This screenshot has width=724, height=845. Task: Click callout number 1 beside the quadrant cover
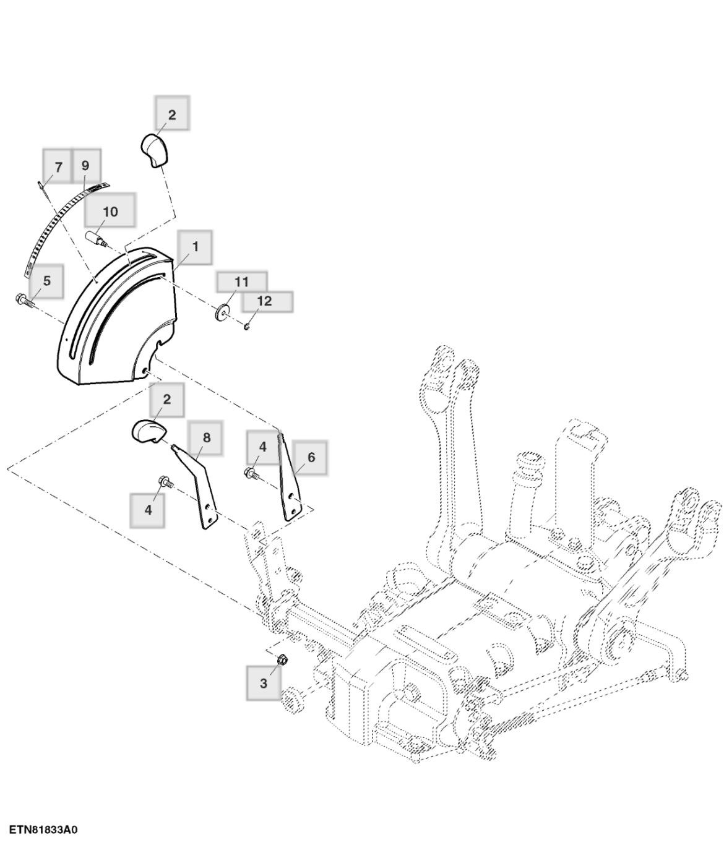(x=195, y=247)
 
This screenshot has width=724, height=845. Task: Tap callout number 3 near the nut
(x=264, y=684)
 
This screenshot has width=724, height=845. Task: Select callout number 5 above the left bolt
(x=47, y=280)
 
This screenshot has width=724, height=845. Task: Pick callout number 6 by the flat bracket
(x=311, y=457)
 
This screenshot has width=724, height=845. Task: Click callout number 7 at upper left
(x=58, y=166)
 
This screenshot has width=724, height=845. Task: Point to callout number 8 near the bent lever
(x=206, y=437)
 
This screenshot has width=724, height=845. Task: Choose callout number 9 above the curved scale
(x=85, y=165)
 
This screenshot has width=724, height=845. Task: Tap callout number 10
(x=110, y=212)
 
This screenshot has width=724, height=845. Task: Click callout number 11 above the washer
(x=241, y=281)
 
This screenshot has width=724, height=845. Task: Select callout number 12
(x=264, y=301)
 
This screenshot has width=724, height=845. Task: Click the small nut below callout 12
(x=246, y=326)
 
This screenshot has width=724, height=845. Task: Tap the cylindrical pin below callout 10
(x=95, y=239)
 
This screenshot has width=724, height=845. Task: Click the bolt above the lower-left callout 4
(x=165, y=481)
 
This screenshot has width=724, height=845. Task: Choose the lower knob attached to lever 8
(x=146, y=431)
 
